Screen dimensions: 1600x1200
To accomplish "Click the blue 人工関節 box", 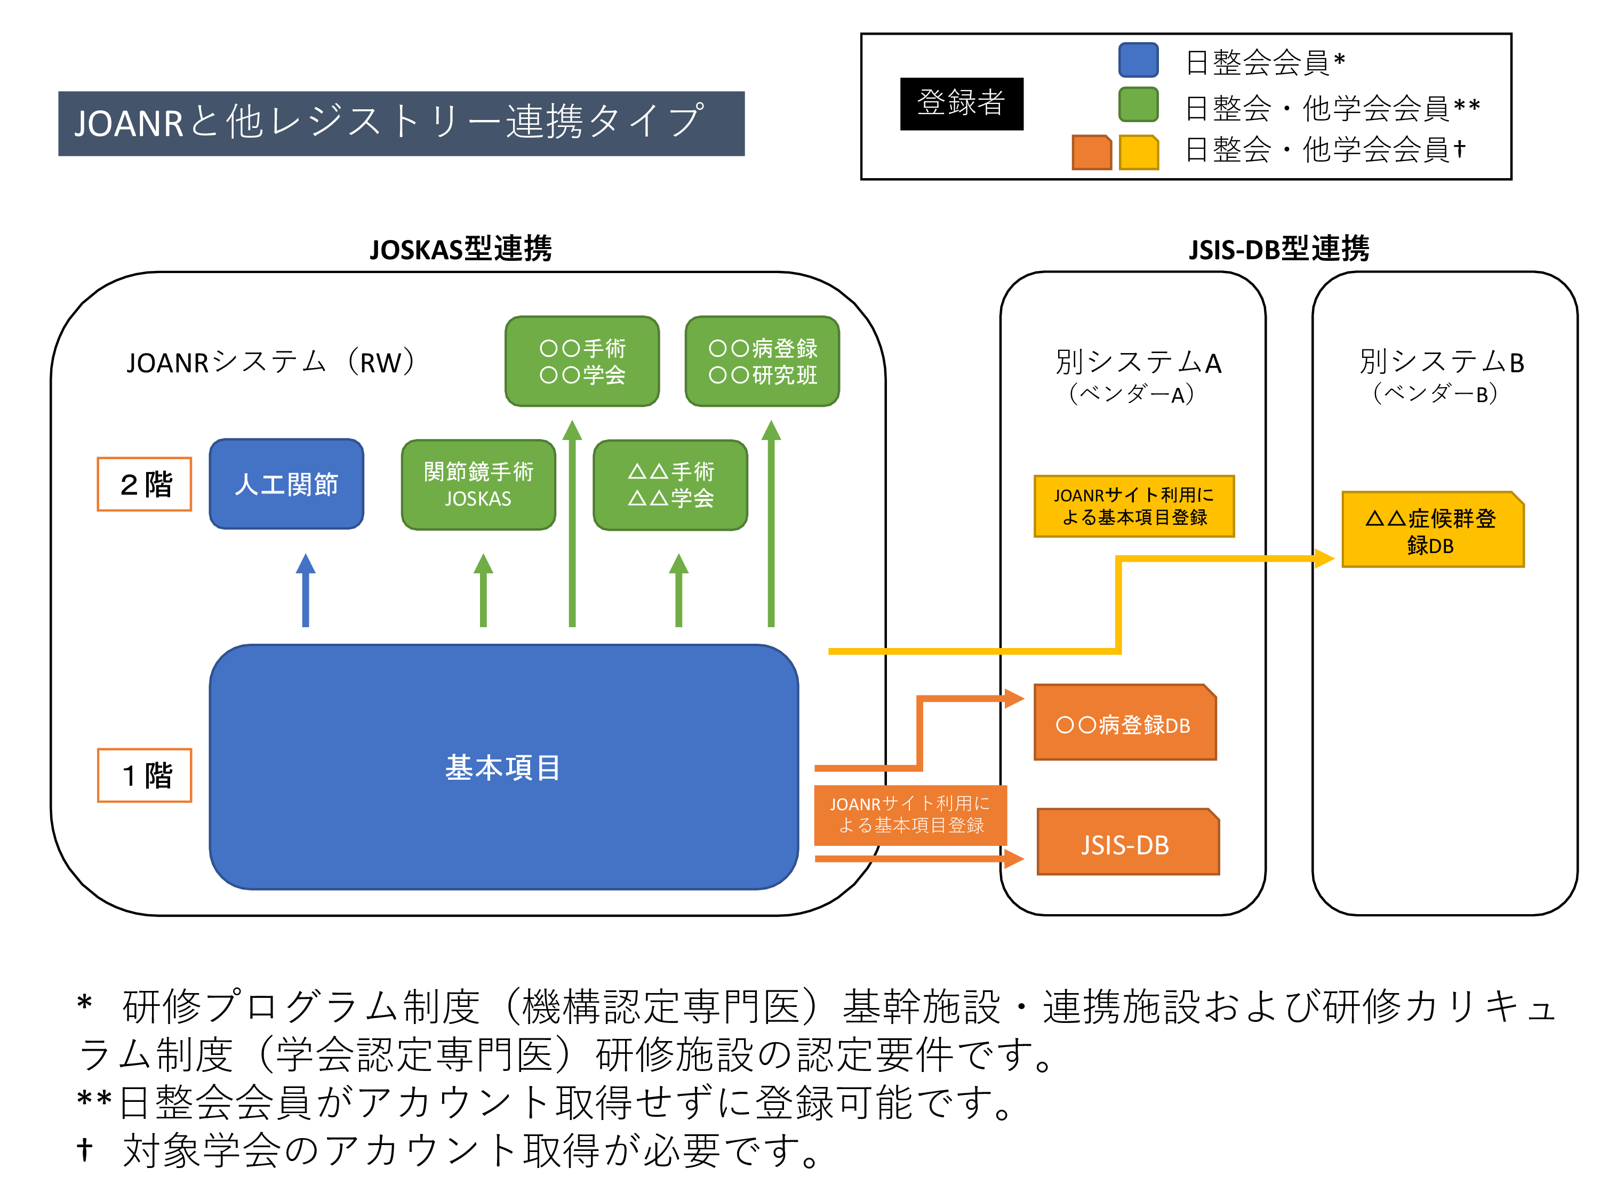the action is coord(286,484).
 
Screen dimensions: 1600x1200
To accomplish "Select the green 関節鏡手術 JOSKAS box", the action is coord(478,485).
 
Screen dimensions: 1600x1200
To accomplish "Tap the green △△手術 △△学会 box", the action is coord(670,485).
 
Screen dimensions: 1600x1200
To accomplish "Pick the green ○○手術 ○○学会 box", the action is coord(582,361).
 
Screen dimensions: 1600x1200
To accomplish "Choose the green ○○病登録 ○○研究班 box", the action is coord(762,361).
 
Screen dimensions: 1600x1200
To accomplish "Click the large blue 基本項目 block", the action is coord(503,767).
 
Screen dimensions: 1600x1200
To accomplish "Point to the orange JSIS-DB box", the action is coord(1127,842).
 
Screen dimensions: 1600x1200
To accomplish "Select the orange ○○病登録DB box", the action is coord(1125,722).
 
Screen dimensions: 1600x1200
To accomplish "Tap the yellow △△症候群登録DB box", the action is coord(1433,530).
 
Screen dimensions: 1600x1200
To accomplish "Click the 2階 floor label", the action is coord(145,484).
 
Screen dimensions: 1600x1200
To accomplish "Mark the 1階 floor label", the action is coord(145,775).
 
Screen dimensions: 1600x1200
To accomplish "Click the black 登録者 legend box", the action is coord(961,103).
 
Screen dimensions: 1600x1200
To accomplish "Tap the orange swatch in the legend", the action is coord(1092,152).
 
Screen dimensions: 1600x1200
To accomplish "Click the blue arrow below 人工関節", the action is coord(306,590).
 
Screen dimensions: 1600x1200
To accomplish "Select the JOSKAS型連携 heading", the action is coord(461,249).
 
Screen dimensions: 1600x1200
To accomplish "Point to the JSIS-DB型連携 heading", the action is coord(1279,249).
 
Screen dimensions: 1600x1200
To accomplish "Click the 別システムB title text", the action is coord(1442,362).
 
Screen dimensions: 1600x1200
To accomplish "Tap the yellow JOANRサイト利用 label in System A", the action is coord(1134,506).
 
